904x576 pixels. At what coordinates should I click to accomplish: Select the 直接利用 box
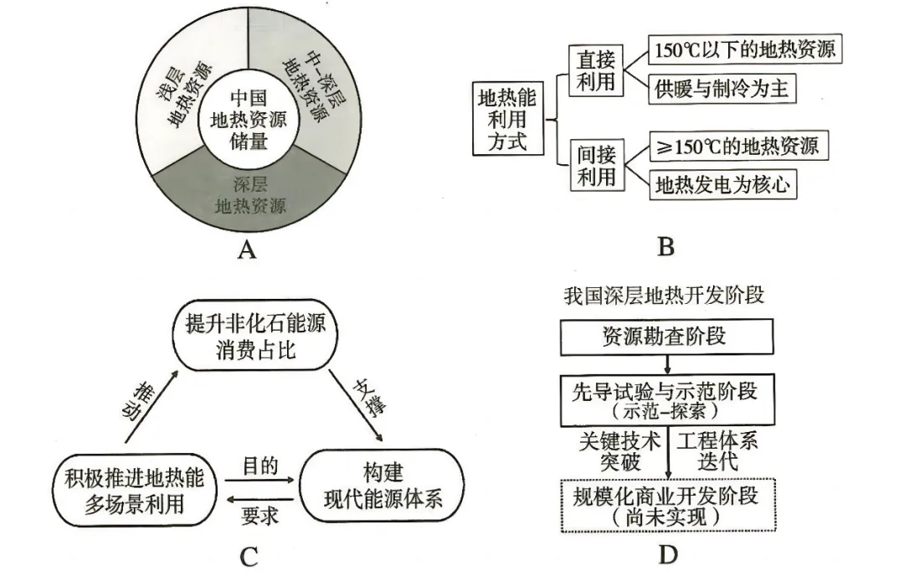click(x=597, y=69)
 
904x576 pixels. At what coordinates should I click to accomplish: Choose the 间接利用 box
click(x=597, y=165)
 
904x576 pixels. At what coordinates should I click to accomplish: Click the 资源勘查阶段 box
click(x=665, y=337)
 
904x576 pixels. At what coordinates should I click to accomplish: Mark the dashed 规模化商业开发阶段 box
click(x=665, y=505)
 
